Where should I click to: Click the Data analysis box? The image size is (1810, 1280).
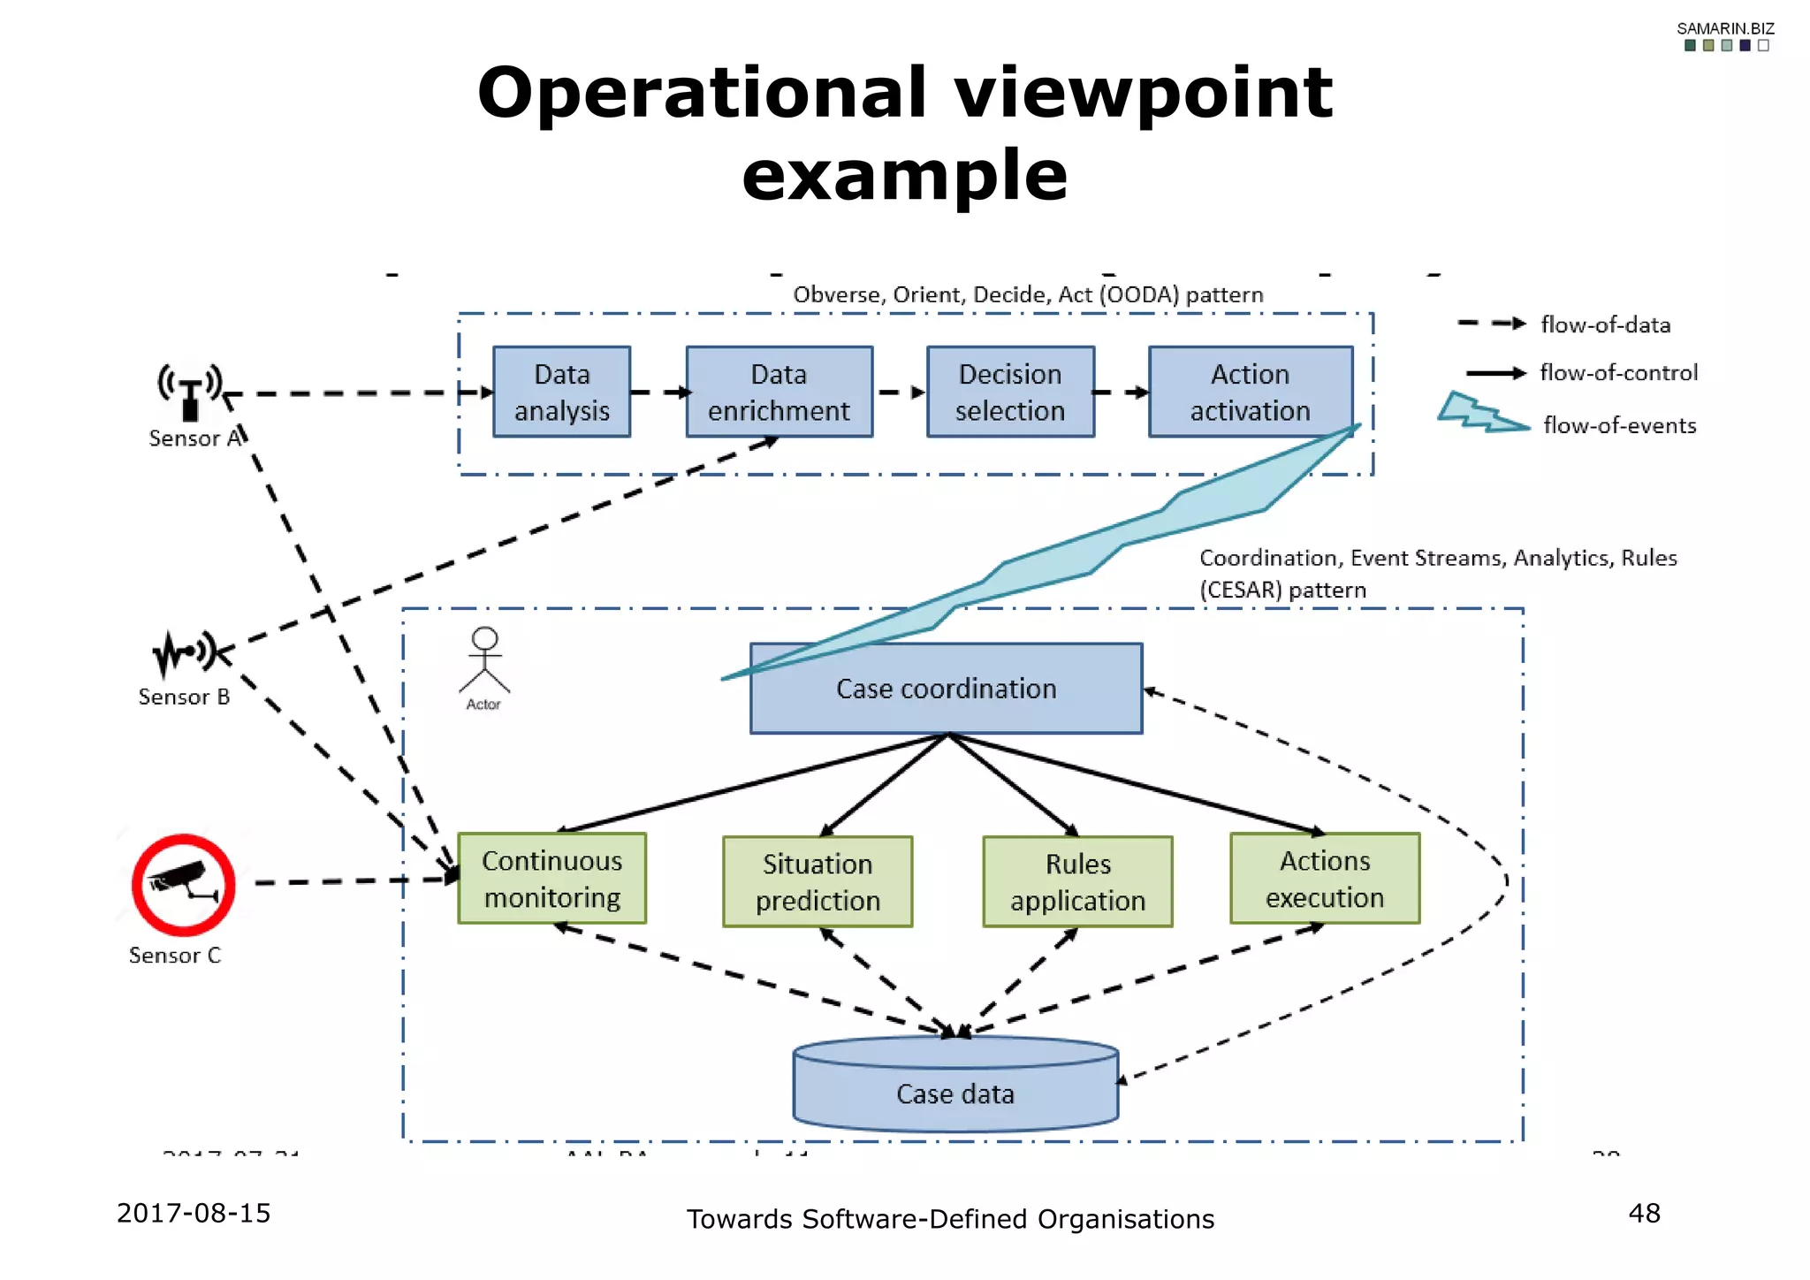(561, 392)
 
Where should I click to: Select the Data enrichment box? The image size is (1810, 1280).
(779, 392)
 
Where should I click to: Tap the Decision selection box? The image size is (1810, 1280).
(1009, 392)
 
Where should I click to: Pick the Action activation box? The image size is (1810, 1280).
(1250, 392)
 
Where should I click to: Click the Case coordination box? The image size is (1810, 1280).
(946, 689)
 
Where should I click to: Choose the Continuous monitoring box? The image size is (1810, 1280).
(551, 879)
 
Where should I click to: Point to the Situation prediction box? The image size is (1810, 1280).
(817, 881)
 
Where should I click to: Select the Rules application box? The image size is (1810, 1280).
(1077, 881)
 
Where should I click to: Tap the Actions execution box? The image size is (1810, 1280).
(1324, 879)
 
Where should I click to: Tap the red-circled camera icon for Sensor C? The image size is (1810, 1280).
(184, 884)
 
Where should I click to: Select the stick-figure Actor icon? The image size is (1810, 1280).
(484, 661)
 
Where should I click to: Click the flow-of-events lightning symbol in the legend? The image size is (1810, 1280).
(1481, 414)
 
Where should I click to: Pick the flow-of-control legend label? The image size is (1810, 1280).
(1618, 373)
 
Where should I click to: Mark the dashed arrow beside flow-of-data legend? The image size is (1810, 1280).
(1491, 324)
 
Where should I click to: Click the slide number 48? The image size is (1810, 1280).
(1644, 1213)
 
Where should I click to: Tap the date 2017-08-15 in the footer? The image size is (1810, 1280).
(194, 1213)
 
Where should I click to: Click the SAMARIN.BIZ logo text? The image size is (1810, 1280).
(1725, 28)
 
